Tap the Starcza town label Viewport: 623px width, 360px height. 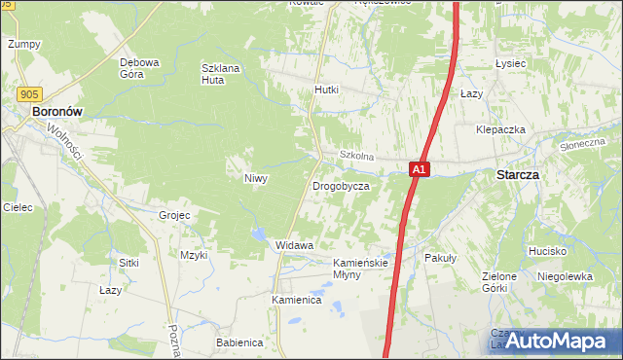point(518,175)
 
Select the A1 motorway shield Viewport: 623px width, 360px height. point(418,169)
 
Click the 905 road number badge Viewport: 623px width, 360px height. point(28,94)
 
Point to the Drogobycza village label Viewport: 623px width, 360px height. point(341,185)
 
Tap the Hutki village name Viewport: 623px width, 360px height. point(326,90)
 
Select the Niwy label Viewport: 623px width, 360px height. point(255,178)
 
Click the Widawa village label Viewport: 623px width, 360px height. point(295,245)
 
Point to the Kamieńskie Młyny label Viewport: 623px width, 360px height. point(361,269)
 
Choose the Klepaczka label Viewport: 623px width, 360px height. point(501,129)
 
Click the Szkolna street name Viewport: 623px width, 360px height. point(356,156)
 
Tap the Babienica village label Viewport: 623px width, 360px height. point(240,342)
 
